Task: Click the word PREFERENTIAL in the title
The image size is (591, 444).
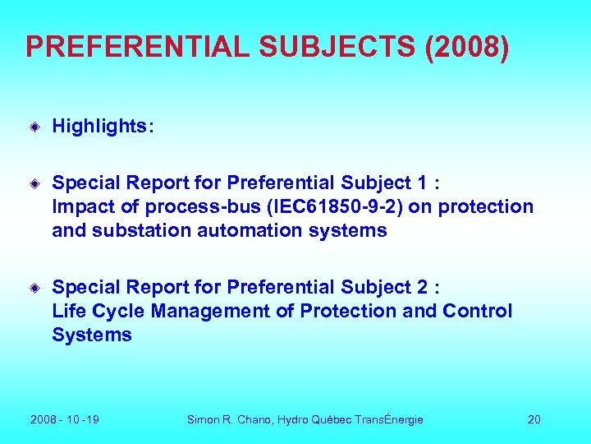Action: (137, 47)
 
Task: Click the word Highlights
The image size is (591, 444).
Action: (101, 126)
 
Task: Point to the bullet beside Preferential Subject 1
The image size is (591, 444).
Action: (36, 183)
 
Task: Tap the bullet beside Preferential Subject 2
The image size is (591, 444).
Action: (36, 288)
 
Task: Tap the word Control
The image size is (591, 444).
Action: (477, 311)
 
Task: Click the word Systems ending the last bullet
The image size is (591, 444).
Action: (91, 335)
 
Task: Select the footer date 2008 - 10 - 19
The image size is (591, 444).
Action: (65, 419)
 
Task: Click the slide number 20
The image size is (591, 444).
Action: (534, 419)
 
